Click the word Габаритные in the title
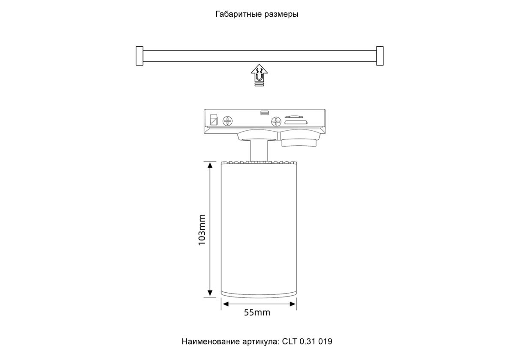pyautogui.click(x=238, y=14)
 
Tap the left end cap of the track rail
pyautogui.click(x=139, y=56)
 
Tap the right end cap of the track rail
pyautogui.click(x=380, y=56)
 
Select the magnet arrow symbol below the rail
pyautogui.click(x=259, y=75)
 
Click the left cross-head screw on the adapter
pyautogui.click(x=227, y=121)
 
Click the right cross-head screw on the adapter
pyautogui.click(x=276, y=121)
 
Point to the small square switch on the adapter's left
pyautogui.click(x=214, y=120)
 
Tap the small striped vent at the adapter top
pyautogui.click(x=265, y=113)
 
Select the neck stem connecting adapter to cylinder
pyautogui.click(x=259, y=150)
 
